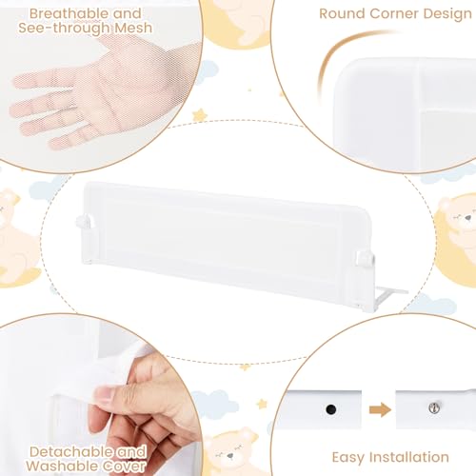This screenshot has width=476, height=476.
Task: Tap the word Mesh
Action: point(133,28)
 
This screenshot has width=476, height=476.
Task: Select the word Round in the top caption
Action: point(342,14)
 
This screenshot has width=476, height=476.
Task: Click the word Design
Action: point(447,14)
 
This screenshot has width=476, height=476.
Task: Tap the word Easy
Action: point(347,458)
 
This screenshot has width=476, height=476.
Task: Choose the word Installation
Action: point(409,457)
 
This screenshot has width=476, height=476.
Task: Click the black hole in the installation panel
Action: point(330,409)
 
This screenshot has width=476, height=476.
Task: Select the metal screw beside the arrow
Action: point(434,407)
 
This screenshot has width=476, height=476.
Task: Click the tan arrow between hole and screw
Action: point(380,409)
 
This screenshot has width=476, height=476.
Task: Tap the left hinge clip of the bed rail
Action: point(85,222)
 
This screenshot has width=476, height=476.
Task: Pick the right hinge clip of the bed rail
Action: point(365,258)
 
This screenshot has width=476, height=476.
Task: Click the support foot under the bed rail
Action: point(389,295)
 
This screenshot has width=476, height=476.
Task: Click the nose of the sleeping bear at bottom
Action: point(230,456)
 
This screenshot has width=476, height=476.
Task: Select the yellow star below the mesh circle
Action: point(200,115)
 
